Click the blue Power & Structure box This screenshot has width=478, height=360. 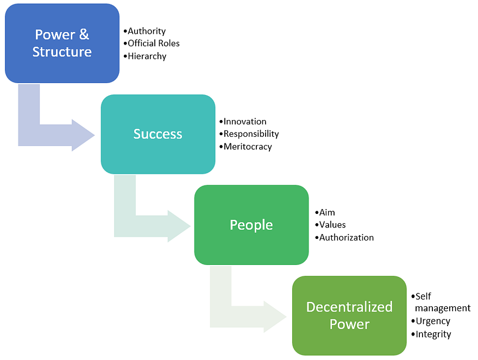[62, 43]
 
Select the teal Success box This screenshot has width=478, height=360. [158, 134]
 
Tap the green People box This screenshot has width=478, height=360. [251, 225]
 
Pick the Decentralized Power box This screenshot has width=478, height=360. [349, 315]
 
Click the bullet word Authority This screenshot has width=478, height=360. [147, 31]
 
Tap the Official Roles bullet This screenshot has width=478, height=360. [153, 43]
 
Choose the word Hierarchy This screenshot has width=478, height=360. [147, 56]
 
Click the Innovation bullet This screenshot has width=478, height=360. [245, 122]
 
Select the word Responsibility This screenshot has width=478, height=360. [251, 134]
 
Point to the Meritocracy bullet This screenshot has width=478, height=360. [248, 147]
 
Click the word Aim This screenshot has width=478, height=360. [327, 212]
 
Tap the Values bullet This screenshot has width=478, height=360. [332, 225]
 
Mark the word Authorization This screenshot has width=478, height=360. [347, 237]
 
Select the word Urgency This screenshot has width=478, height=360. [433, 321]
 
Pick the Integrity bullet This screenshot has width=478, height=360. [433, 334]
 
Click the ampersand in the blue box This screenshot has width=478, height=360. [84, 35]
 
